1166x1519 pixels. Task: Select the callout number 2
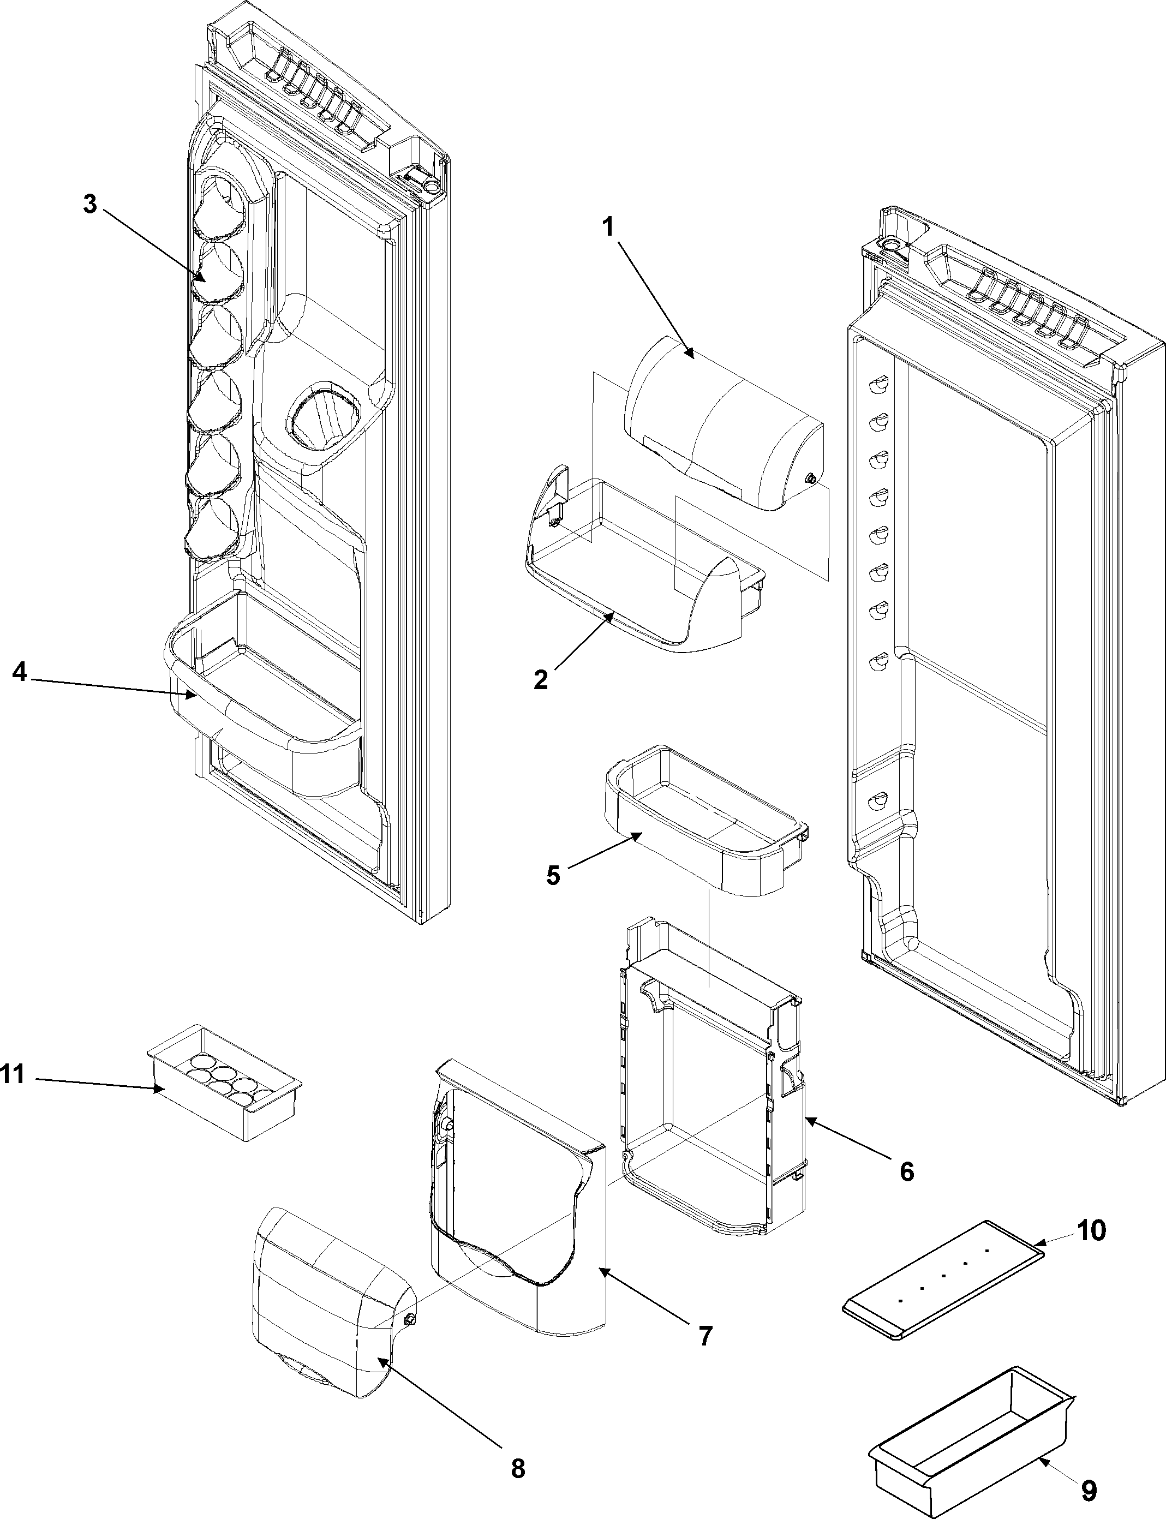(x=541, y=680)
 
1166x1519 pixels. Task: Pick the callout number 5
(x=553, y=875)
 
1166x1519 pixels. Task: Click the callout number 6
(x=906, y=1171)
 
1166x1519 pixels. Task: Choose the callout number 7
(x=705, y=1336)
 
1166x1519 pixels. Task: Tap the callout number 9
(x=1089, y=1486)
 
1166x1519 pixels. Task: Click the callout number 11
(x=12, y=1074)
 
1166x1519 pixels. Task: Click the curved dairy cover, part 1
(x=722, y=423)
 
